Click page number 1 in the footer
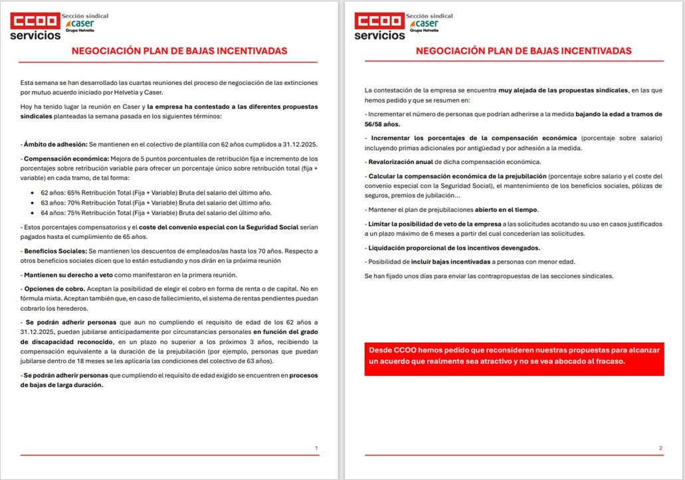pos(316,448)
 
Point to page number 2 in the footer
pos(660,448)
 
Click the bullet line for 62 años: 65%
pos(156,193)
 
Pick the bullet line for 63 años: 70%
pos(156,202)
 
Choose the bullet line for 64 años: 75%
pos(156,212)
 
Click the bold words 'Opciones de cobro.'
pos(53,289)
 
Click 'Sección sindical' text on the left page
pos(84,15)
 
